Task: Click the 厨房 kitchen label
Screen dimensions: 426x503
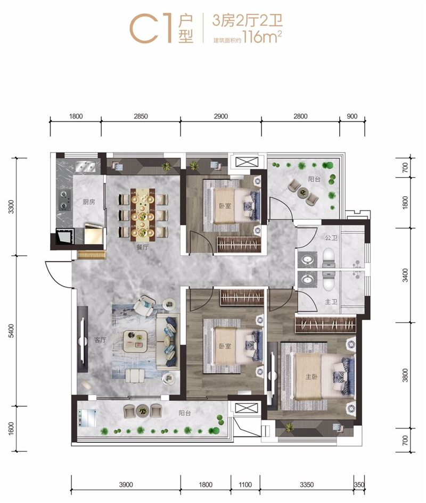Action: click(x=89, y=202)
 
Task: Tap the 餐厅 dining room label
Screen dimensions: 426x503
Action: click(x=142, y=247)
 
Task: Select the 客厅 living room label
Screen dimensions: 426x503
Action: click(x=100, y=340)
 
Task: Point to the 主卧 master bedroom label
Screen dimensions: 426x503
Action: click(x=312, y=376)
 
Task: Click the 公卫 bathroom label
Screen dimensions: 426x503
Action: click(x=331, y=238)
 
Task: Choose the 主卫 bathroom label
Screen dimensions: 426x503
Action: click(x=331, y=301)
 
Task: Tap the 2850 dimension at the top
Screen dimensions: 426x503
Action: click(x=141, y=116)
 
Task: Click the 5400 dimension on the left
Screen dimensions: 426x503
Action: click(x=12, y=331)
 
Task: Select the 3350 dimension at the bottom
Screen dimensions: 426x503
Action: click(x=307, y=485)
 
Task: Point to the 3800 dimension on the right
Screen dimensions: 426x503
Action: click(x=405, y=375)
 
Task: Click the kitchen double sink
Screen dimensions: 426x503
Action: click(x=85, y=166)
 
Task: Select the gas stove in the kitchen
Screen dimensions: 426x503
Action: click(x=64, y=200)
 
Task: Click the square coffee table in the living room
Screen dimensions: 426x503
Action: click(x=135, y=341)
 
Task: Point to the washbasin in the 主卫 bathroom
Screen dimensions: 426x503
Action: click(x=307, y=280)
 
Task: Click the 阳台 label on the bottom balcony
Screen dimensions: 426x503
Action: click(x=185, y=413)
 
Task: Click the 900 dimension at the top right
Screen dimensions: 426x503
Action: click(x=352, y=116)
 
